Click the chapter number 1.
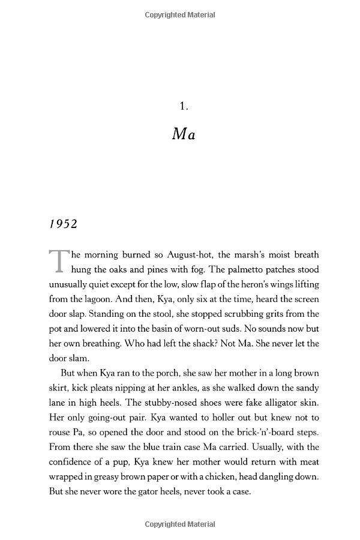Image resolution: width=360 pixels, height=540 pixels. [184, 106]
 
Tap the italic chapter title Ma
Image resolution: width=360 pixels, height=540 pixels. [184, 134]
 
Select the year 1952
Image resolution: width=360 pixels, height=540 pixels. [64, 224]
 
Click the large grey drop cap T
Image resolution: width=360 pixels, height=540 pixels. [58, 260]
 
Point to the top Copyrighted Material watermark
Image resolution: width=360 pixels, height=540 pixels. [180, 15]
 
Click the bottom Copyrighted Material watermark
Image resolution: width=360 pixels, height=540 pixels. [180, 524]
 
